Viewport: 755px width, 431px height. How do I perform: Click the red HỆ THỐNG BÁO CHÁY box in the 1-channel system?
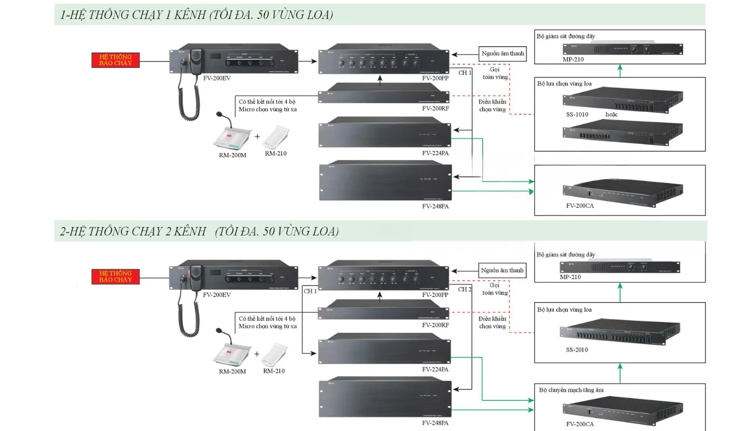pyautogui.click(x=115, y=60)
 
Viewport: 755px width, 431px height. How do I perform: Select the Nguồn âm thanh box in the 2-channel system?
pyautogui.click(x=502, y=270)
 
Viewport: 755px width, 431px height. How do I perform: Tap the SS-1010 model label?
pyautogui.click(x=576, y=114)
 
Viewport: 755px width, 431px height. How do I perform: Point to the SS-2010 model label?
pyautogui.click(x=576, y=350)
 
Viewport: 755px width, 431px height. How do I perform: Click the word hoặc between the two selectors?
pyautogui.click(x=611, y=114)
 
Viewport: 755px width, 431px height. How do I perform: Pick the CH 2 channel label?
pyautogui.click(x=465, y=289)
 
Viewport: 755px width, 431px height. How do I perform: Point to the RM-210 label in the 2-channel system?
pyautogui.click(x=274, y=371)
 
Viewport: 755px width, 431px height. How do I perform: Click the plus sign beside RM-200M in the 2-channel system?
pyautogui.click(x=257, y=354)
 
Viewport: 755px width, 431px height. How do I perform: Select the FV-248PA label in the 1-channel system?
pyautogui.click(x=435, y=206)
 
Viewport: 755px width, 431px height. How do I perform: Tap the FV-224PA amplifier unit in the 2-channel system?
pyautogui.click(x=384, y=351)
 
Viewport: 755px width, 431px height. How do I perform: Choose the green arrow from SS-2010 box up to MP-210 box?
pyautogui.click(x=620, y=293)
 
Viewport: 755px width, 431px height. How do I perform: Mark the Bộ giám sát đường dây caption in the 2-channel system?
pyautogui.click(x=566, y=254)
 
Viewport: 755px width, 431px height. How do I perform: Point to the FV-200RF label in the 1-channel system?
pyautogui.click(x=435, y=108)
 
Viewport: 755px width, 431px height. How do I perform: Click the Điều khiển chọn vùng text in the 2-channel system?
pyautogui.click(x=492, y=322)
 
